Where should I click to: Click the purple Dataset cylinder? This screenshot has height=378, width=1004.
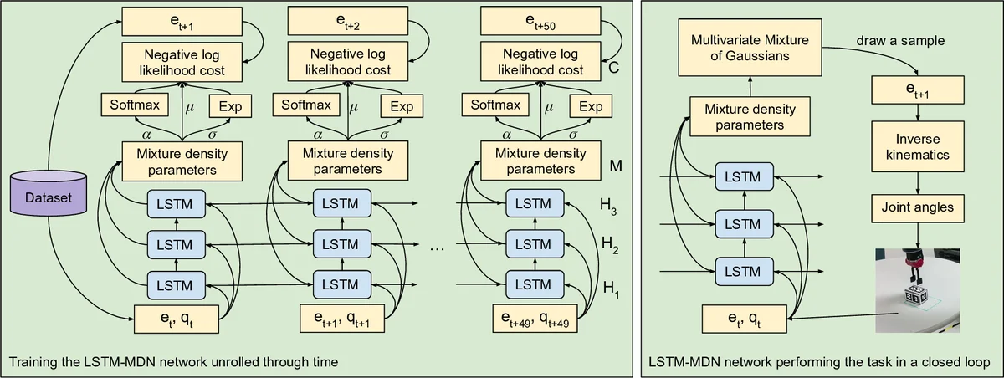49,197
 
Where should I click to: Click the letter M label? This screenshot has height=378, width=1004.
615,166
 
